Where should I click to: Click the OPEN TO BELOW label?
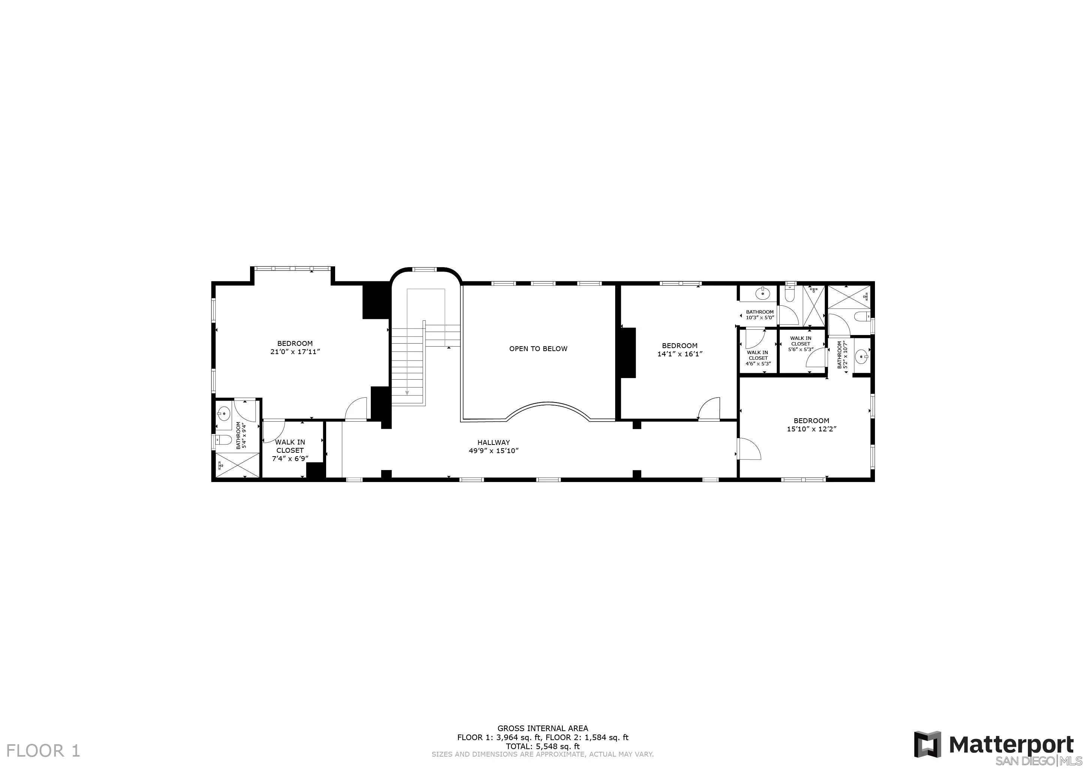pos(538,349)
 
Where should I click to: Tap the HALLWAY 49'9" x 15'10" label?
pos(494,446)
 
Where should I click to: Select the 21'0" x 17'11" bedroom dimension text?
pos(295,352)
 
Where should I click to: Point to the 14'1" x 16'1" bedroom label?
pos(680,354)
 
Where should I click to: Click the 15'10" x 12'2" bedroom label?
pos(811,429)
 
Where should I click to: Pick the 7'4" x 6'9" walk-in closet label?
pos(290,458)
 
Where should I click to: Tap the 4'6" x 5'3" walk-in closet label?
pos(758,363)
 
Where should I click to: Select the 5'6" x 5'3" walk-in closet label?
pos(800,350)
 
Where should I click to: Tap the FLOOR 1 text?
pos(43,751)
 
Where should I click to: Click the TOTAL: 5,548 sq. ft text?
pos(542,746)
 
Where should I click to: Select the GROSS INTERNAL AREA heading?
pos(542,728)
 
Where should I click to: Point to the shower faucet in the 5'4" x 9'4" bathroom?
pos(221,466)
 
